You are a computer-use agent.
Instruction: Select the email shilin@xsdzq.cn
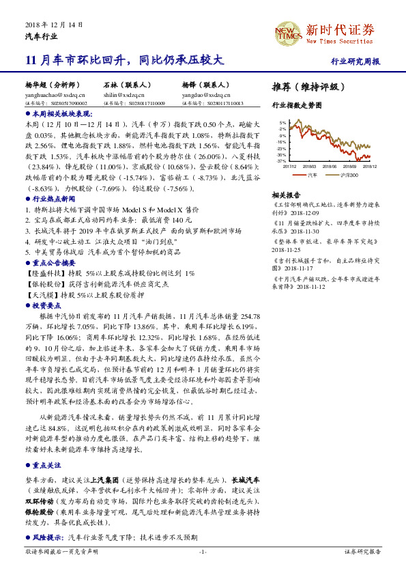pyautogui.click(x=126, y=95)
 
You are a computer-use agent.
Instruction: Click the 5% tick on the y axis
pyautogui.click(x=282, y=123)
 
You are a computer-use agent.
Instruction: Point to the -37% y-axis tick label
pyautogui.click(x=282, y=161)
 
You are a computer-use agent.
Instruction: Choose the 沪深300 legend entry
pyautogui.click(x=347, y=175)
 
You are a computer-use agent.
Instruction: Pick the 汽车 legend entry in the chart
pyautogui.click(x=311, y=175)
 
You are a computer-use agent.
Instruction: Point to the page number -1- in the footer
pyautogui.click(x=203, y=551)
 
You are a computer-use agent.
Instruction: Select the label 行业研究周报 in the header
pyautogui.click(x=356, y=61)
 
